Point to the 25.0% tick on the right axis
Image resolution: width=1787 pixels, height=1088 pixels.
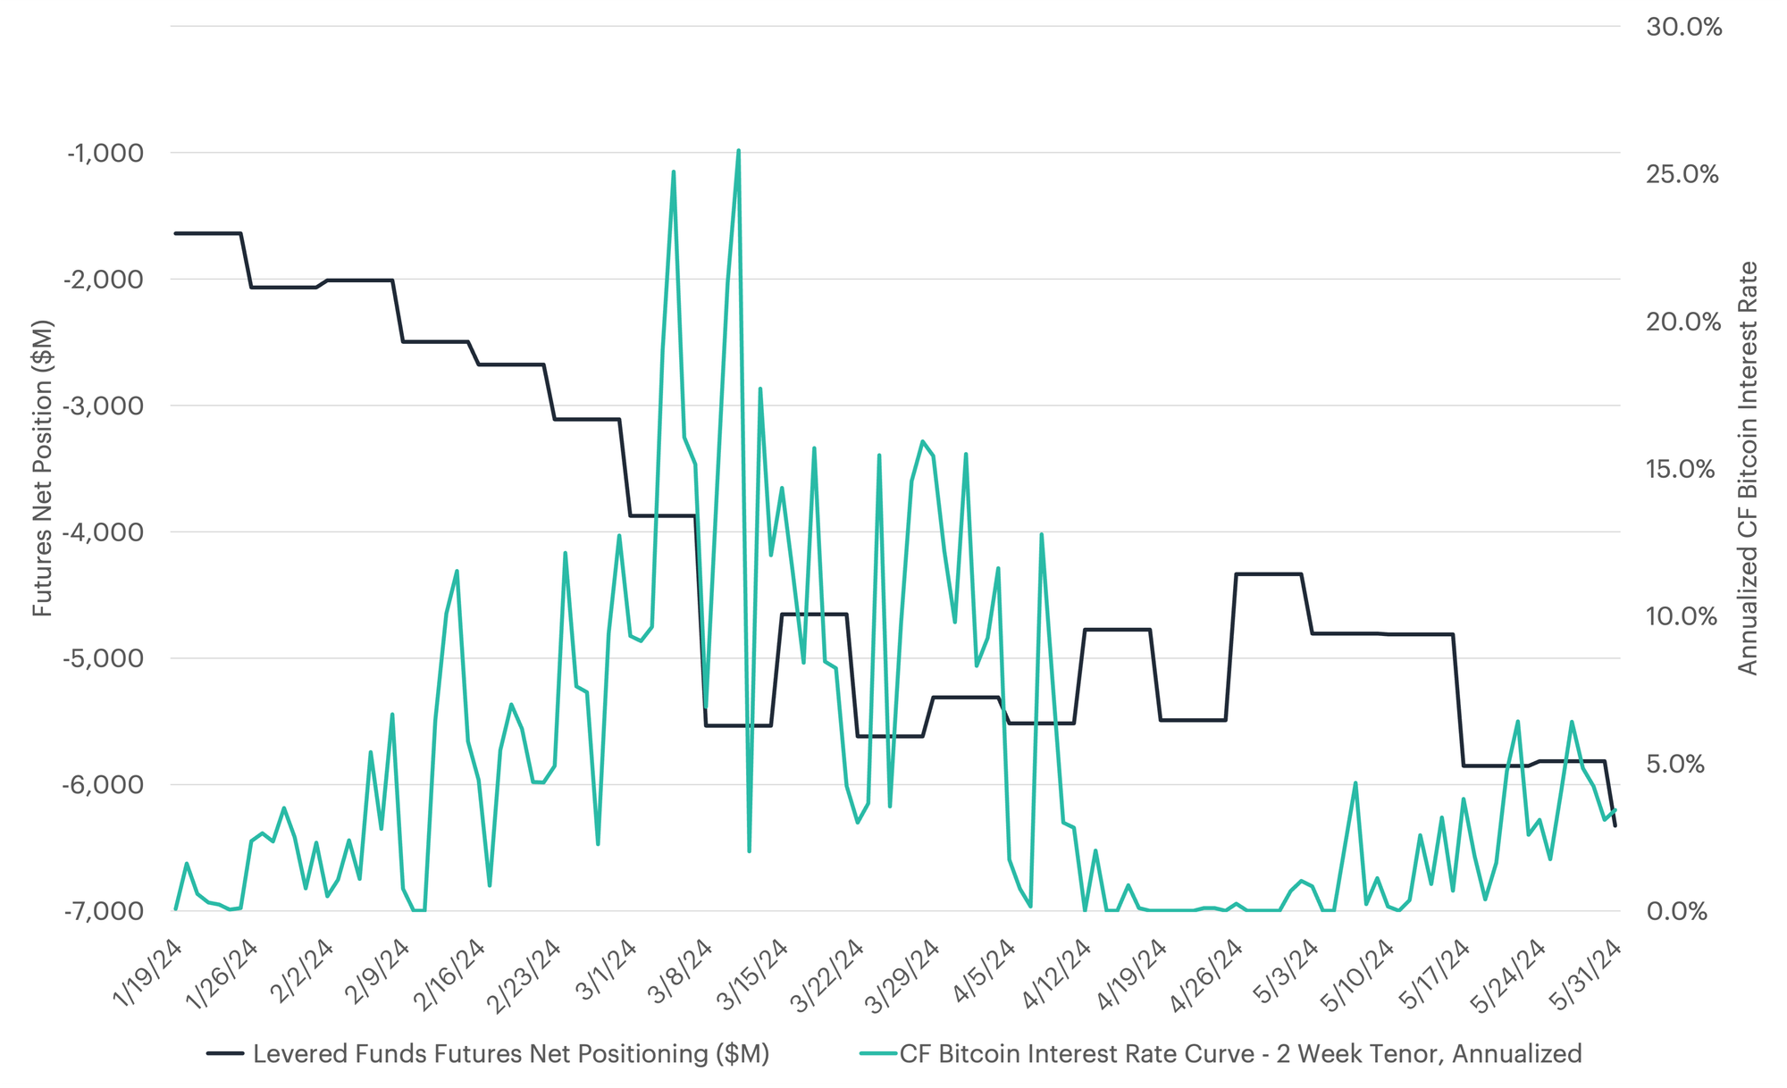(1682, 174)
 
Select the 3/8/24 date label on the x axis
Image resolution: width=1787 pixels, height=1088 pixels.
(681, 972)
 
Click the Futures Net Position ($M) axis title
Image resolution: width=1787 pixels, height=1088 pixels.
(43, 468)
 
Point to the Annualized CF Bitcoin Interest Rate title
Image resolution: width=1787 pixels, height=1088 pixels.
(1748, 468)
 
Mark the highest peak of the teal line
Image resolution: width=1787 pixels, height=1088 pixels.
(738, 151)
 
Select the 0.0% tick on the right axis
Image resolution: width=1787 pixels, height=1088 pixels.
(1676, 911)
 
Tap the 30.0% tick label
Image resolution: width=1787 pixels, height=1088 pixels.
(1683, 27)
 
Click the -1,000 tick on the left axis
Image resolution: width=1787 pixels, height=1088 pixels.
(105, 153)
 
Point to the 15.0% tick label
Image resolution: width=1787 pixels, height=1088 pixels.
(1680, 469)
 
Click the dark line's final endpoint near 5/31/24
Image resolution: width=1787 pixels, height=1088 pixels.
(1615, 826)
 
